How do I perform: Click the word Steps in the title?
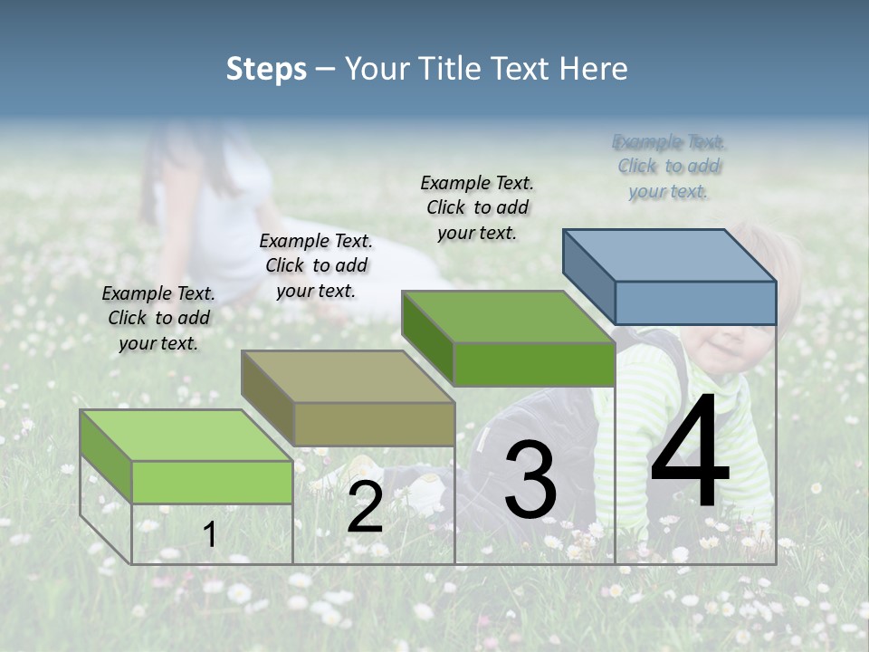(x=266, y=69)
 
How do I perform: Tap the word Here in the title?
(x=593, y=69)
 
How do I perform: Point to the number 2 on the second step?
(x=365, y=507)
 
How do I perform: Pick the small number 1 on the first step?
(x=209, y=535)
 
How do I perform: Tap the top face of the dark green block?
(x=508, y=317)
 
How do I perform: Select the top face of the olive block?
(x=348, y=377)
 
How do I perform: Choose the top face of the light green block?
(x=186, y=436)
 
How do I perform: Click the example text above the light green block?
(x=159, y=319)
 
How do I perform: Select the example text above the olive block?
(x=316, y=266)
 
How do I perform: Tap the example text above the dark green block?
(x=477, y=207)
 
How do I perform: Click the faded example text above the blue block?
(x=669, y=167)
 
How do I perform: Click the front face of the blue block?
(x=695, y=302)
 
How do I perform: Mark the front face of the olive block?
(x=374, y=424)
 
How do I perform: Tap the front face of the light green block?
(x=212, y=482)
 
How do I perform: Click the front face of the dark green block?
(x=534, y=364)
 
